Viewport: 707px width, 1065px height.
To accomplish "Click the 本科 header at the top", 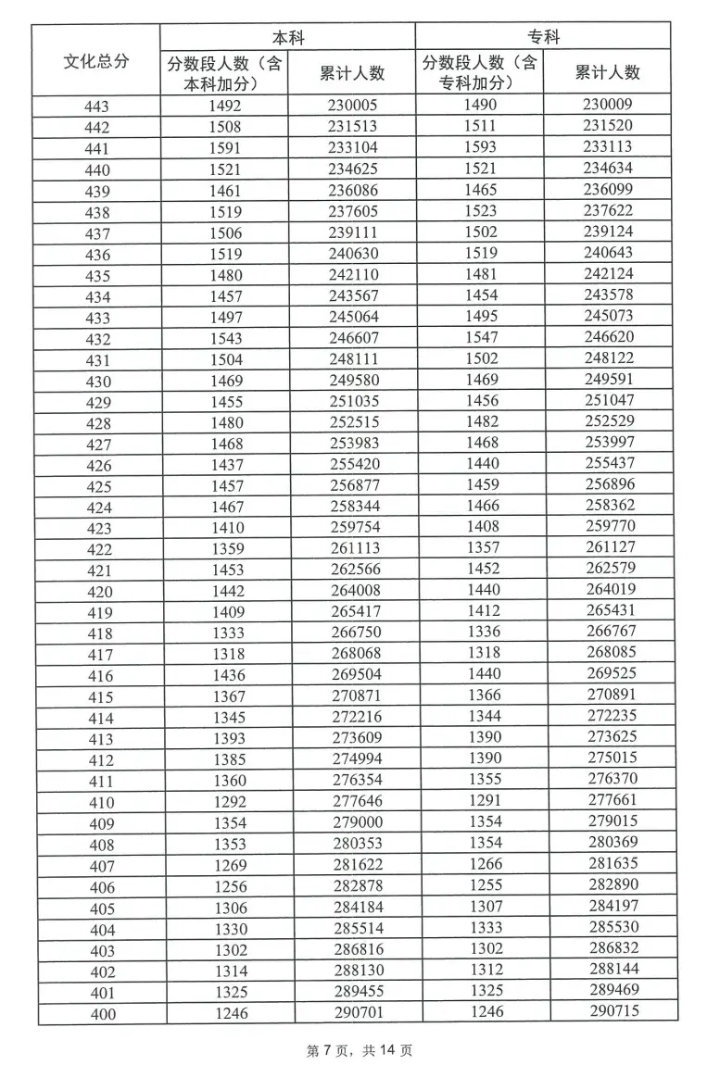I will click(x=287, y=39).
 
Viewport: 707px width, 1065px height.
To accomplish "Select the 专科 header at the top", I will click(x=544, y=38).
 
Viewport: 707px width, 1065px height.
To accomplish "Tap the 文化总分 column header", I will click(x=96, y=61).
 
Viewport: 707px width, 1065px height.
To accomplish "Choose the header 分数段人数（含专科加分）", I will click(x=481, y=72).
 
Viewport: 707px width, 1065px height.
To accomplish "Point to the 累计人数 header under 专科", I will click(x=608, y=72).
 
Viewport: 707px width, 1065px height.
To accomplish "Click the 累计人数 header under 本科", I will click(x=352, y=73).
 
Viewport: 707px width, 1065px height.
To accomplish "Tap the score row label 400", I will click(x=102, y=1014).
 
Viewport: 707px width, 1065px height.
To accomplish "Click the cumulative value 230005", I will click(x=352, y=106).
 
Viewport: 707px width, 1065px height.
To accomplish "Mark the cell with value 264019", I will click(x=611, y=589).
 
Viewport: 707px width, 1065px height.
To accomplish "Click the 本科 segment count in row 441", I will click(x=225, y=148).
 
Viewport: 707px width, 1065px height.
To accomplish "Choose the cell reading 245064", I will click(x=354, y=317).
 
